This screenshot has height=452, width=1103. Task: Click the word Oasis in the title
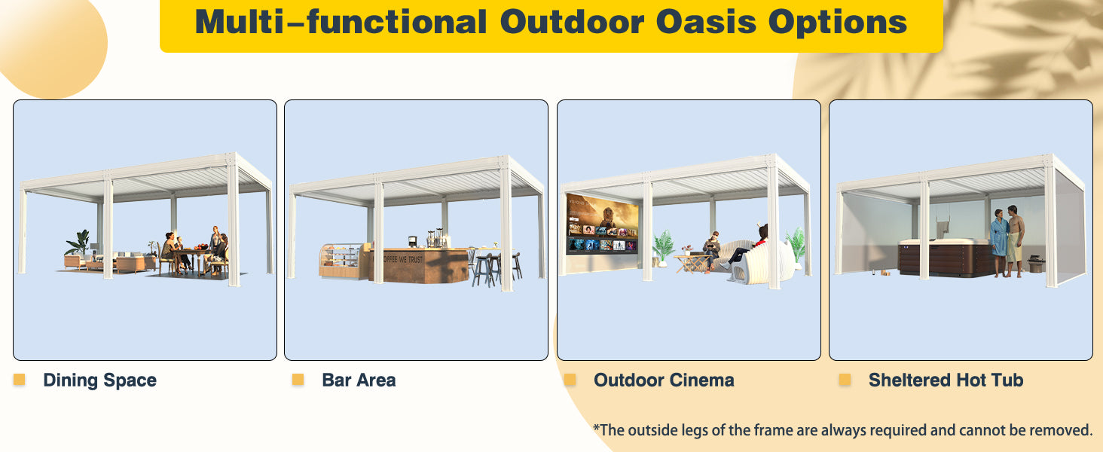707,22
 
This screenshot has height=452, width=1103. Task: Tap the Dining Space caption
99,380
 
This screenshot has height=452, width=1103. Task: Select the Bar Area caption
359,380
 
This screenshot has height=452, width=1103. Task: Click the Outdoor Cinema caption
664,380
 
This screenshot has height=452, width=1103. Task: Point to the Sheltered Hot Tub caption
946,380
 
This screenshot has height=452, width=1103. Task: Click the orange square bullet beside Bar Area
298,379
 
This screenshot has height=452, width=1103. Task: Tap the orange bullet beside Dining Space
19,379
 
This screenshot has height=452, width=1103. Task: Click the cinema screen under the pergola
602,224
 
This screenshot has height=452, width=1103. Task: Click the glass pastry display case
341,260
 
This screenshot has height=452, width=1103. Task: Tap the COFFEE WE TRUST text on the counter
402,259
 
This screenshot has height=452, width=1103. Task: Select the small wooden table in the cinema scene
692,263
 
